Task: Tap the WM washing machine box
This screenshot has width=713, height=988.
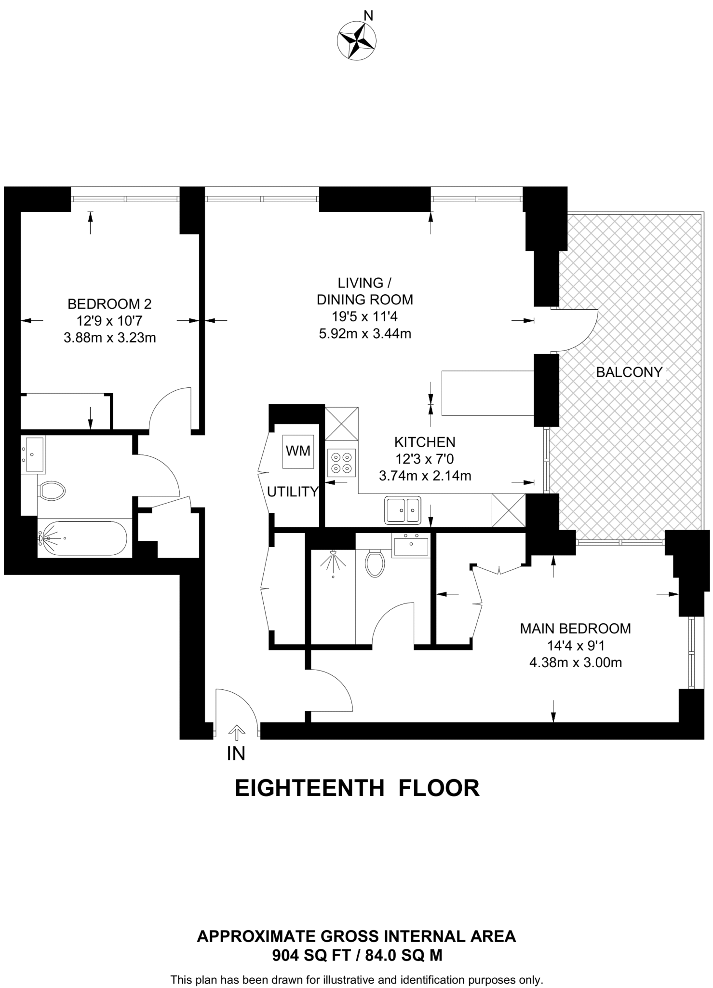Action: click(x=298, y=451)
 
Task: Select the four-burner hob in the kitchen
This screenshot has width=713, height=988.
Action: click(x=341, y=463)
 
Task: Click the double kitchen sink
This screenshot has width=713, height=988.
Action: click(x=402, y=510)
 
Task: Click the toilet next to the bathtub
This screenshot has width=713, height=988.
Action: click(x=52, y=491)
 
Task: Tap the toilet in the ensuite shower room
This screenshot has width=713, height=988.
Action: click(x=374, y=563)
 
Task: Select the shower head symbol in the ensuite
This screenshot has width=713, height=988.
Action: click(x=332, y=561)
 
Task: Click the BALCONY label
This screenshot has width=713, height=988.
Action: click(x=629, y=372)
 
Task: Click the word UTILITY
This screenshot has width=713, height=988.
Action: click(x=293, y=492)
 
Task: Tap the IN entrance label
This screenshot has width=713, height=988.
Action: click(x=236, y=754)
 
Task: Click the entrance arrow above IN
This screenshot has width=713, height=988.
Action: click(x=236, y=732)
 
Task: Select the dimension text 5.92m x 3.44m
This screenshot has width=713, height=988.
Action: click(x=365, y=333)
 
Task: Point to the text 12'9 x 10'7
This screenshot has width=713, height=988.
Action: click(x=109, y=320)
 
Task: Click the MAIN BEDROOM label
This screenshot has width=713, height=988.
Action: click(x=575, y=629)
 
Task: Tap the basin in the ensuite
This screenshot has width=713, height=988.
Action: click(x=411, y=546)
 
